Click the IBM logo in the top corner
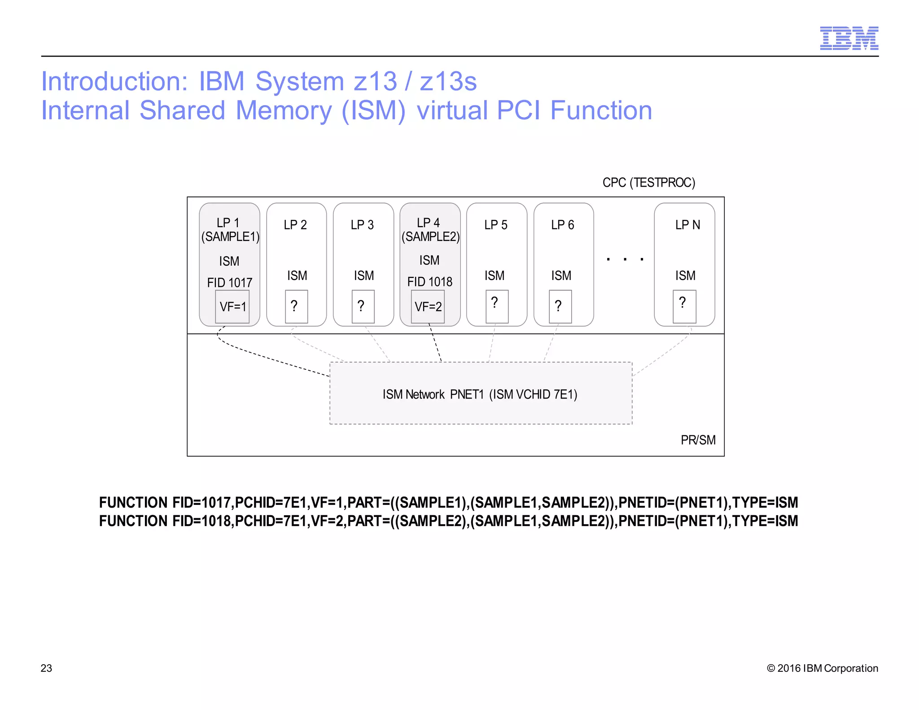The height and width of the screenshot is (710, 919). [x=849, y=38]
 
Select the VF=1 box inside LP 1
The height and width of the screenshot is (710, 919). [x=232, y=307]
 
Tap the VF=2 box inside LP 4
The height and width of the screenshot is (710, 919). [x=428, y=307]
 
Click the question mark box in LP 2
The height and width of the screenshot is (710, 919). [x=296, y=307]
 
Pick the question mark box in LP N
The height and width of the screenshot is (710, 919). [x=684, y=307]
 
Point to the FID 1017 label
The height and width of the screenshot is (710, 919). [x=229, y=283]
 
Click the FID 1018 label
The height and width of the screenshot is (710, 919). [x=429, y=282]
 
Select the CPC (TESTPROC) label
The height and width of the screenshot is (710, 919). [x=648, y=183]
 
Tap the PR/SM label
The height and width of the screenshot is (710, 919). [x=698, y=440]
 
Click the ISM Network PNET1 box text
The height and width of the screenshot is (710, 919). [x=480, y=394]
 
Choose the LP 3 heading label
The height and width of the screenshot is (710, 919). [x=362, y=225]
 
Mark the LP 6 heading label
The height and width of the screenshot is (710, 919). [x=562, y=225]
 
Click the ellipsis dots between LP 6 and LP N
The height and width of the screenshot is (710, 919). [x=625, y=259]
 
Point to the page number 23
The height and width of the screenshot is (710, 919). [x=46, y=668]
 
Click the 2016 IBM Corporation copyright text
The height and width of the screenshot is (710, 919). [x=822, y=668]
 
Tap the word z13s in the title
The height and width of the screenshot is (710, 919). [x=448, y=82]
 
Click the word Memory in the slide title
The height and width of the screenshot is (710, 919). [x=284, y=110]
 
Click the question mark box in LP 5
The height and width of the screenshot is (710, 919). [x=497, y=307]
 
